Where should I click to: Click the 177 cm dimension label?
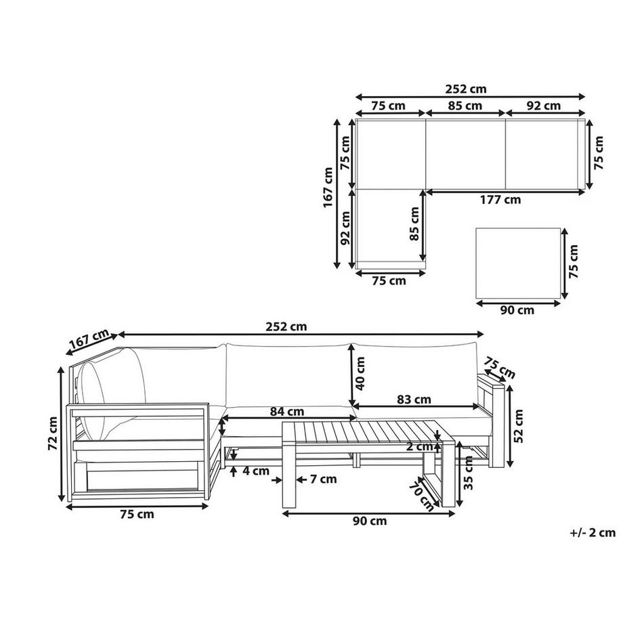click(x=500, y=200)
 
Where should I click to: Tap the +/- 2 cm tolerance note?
click(x=593, y=532)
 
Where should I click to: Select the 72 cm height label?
click(x=52, y=433)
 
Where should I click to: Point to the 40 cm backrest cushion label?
click(x=360, y=373)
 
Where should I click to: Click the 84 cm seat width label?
click(x=287, y=411)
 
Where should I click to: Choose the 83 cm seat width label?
click(x=414, y=400)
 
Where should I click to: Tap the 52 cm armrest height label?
click(x=519, y=426)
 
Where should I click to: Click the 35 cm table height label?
click(x=469, y=473)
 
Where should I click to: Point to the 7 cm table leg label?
click(x=324, y=479)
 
